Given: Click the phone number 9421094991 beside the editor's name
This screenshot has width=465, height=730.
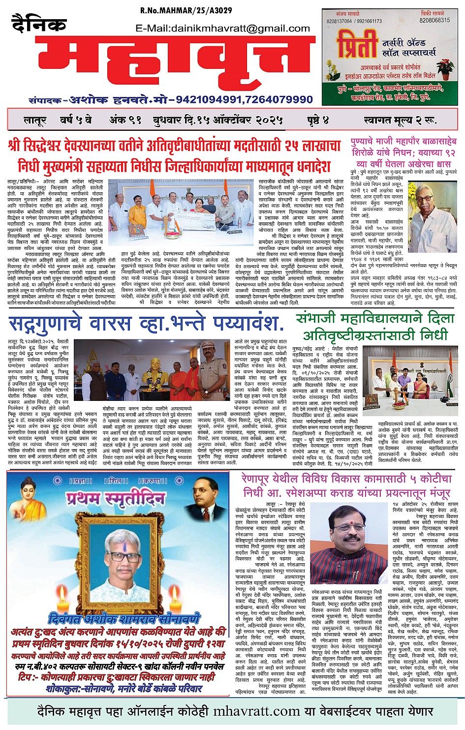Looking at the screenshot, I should click(208, 99).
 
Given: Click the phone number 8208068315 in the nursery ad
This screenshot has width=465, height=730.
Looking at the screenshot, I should click(434, 21).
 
